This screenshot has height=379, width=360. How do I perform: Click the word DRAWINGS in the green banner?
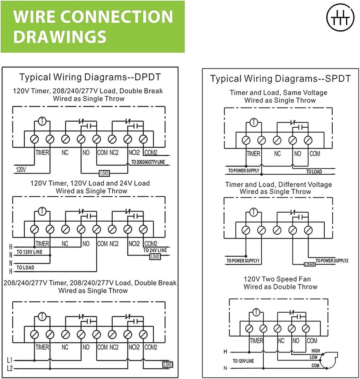click(x=60, y=37)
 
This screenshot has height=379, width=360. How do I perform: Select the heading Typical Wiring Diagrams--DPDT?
click(x=90, y=77)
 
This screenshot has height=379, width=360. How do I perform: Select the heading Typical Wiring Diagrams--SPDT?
click(x=280, y=78)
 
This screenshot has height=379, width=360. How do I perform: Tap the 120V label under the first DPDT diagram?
click(x=21, y=170)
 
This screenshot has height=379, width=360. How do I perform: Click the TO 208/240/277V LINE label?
click(x=148, y=162)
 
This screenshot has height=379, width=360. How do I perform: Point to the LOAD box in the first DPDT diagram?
click(x=104, y=173)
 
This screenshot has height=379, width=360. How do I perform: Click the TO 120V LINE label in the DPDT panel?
click(x=29, y=252)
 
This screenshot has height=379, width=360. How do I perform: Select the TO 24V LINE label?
click(x=155, y=251)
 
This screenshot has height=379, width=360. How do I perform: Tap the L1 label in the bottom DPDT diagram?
click(x=9, y=360)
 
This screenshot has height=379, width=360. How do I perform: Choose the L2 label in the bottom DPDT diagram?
click(x=9, y=369)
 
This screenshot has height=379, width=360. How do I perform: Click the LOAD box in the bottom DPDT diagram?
click(x=167, y=365)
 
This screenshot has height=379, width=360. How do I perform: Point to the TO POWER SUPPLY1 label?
click(x=243, y=261)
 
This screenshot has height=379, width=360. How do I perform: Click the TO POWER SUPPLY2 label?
click(x=332, y=261)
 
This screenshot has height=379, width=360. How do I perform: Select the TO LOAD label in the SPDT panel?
click(x=314, y=172)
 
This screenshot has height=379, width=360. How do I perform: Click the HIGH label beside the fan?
click(x=316, y=351)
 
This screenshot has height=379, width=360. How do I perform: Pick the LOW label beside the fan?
click(x=314, y=357)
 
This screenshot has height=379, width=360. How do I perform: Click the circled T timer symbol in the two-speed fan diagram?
click(x=256, y=313)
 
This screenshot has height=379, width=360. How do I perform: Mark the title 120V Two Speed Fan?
click(x=277, y=279)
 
